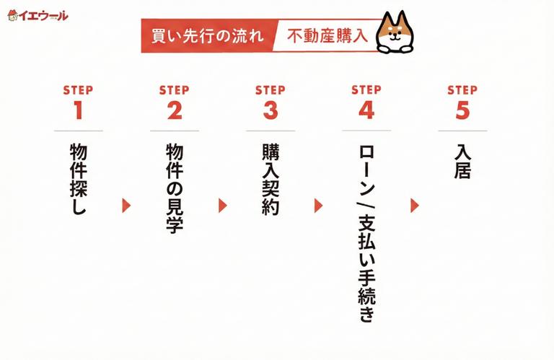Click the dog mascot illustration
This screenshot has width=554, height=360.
click(x=394, y=32)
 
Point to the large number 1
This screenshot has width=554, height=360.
click(x=78, y=110)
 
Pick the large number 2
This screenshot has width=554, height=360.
click(x=174, y=110)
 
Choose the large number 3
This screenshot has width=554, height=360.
click(x=270, y=110)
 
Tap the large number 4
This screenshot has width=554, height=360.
click(x=366, y=110)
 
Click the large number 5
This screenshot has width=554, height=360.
click(x=462, y=110)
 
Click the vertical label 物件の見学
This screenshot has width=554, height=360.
click(x=174, y=188)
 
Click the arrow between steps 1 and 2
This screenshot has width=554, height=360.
click(x=127, y=206)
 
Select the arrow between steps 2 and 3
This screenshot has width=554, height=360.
click(x=223, y=206)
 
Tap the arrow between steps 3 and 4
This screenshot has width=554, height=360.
click(x=319, y=206)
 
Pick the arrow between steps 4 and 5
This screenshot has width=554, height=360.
click(x=415, y=206)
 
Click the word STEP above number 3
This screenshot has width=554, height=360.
click(x=270, y=90)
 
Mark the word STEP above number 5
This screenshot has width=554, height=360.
click(x=462, y=90)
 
